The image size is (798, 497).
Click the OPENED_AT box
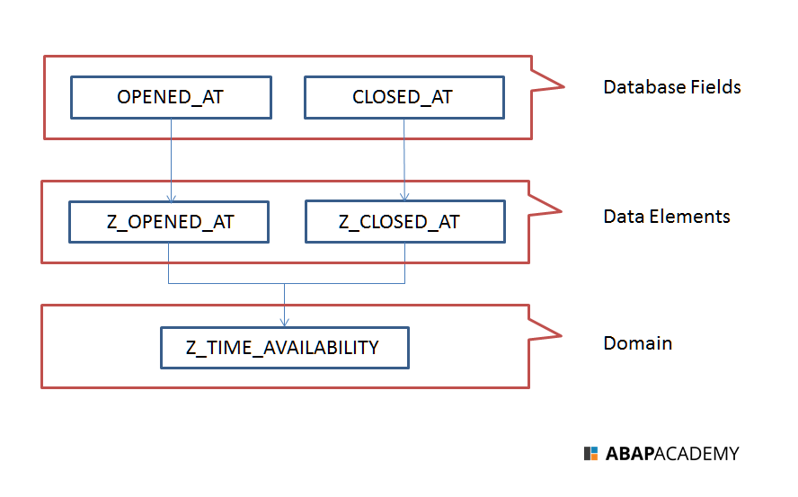pyautogui.click(x=170, y=97)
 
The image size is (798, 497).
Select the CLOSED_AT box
pyautogui.click(x=403, y=97)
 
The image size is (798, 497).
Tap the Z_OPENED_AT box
pyautogui.click(x=169, y=222)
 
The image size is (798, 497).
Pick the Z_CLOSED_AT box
pyautogui.click(x=404, y=222)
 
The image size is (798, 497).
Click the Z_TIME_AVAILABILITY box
pyautogui.click(x=284, y=348)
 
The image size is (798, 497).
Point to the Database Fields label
pyautogui.click(x=671, y=87)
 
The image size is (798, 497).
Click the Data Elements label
pyautogui.click(x=666, y=217)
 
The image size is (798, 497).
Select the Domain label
pyautogui.click(x=637, y=343)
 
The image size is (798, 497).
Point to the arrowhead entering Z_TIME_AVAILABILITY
pyautogui.click(x=285, y=322)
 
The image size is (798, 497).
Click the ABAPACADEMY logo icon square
pyautogui.click(x=590, y=454)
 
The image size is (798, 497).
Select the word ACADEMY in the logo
pyautogui.click(x=696, y=454)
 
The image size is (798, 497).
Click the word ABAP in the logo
pyautogui.click(x=629, y=454)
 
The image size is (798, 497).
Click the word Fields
pyautogui.click(x=713, y=87)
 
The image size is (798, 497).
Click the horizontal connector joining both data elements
pyautogui.click(x=285, y=283)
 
